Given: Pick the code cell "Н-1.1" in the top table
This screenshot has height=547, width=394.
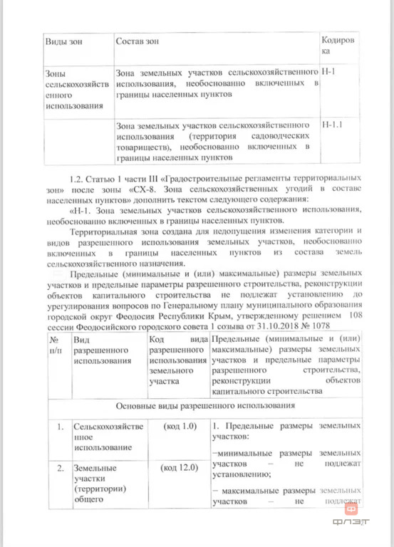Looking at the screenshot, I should [333, 125].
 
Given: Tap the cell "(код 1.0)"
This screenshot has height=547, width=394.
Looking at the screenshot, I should [179, 426].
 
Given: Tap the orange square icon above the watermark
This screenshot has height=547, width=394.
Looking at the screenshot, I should [351, 509].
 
